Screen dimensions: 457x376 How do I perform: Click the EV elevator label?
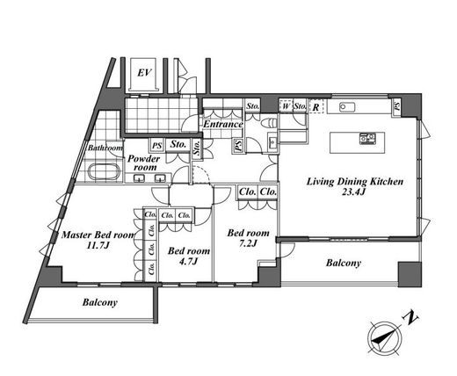144,72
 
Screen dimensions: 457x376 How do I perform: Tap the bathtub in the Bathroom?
105,171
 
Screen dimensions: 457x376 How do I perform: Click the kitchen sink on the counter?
347,107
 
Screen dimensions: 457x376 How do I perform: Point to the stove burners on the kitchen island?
367,139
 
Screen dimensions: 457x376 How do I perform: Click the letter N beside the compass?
411,318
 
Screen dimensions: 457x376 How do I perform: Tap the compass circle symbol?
385,337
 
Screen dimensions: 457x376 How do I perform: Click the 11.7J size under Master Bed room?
98,245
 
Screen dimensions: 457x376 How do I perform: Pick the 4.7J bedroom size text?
188,261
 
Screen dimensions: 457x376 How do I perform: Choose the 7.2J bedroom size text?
248,242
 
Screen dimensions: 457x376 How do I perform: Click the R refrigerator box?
316,106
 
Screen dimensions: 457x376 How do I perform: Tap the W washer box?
286,105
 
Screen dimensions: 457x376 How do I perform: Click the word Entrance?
223,124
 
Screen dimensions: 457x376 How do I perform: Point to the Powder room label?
144,163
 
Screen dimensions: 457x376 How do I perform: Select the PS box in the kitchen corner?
396,105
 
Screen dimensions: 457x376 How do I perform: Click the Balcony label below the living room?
344,263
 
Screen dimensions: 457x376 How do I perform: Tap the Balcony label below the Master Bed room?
100,302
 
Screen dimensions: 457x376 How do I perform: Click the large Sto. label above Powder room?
178,144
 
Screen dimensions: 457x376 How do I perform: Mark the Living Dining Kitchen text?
355,182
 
